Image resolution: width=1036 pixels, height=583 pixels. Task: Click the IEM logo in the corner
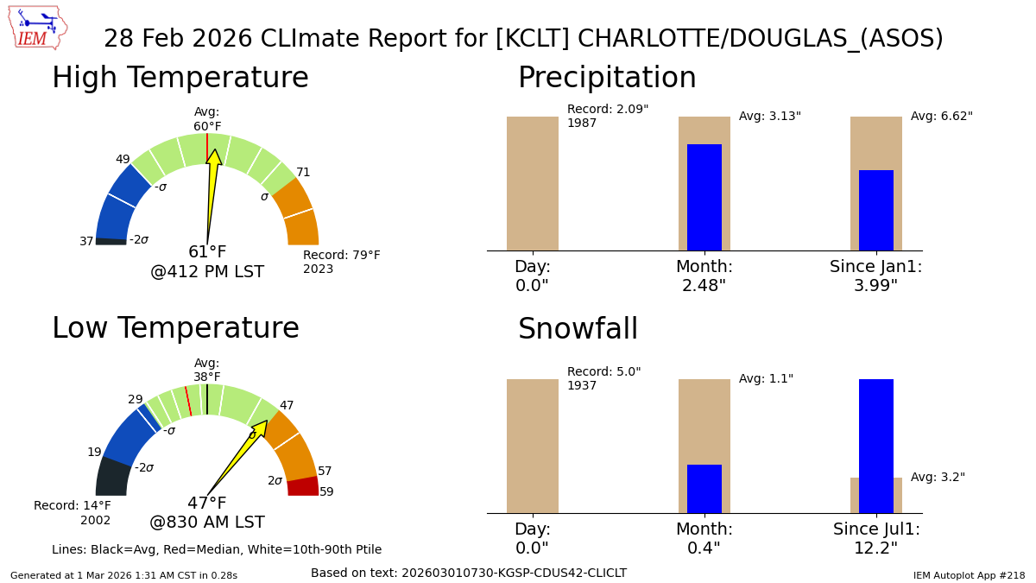[x=37, y=28]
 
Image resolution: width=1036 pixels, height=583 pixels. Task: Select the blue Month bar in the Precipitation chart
[x=704, y=197]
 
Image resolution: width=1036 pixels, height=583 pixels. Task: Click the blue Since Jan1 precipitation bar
[x=876, y=210]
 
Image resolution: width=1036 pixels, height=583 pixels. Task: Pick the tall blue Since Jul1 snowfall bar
[x=876, y=446]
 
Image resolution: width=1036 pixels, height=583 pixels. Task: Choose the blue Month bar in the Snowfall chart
[x=704, y=489]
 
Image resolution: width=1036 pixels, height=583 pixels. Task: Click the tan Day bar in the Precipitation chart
[x=533, y=183]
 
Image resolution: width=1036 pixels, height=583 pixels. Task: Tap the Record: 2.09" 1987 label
[x=607, y=117]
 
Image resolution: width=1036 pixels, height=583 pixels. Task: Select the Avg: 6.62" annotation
[x=941, y=117]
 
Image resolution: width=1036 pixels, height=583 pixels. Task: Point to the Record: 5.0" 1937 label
[x=603, y=379]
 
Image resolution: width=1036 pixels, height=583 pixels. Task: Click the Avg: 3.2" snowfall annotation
[x=938, y=478]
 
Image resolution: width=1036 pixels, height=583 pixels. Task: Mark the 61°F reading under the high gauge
[x=207, y=252]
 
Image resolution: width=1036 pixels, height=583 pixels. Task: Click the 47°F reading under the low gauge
[x=207, y=504]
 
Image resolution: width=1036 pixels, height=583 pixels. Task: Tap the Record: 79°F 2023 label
[x=341, y=263]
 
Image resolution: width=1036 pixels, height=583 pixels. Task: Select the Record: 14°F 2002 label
[x=73, y=513]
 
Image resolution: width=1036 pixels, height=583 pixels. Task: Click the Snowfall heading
[x=578, y=329]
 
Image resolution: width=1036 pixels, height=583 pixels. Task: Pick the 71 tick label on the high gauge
[x=303, y=173]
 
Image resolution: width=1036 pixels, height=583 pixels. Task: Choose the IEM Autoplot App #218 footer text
[x=969, y=575]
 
